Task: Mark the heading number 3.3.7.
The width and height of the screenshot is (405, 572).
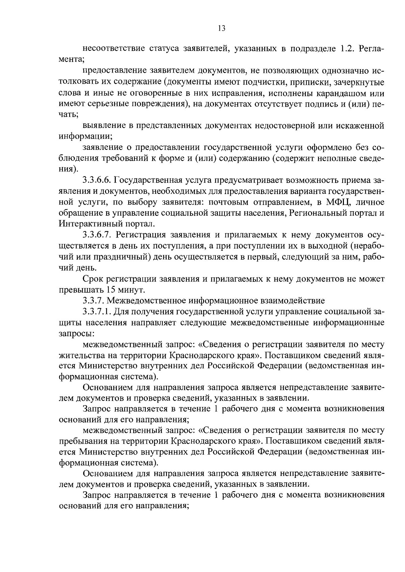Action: pos(94,301)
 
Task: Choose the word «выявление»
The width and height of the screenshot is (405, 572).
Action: pos(103,126)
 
